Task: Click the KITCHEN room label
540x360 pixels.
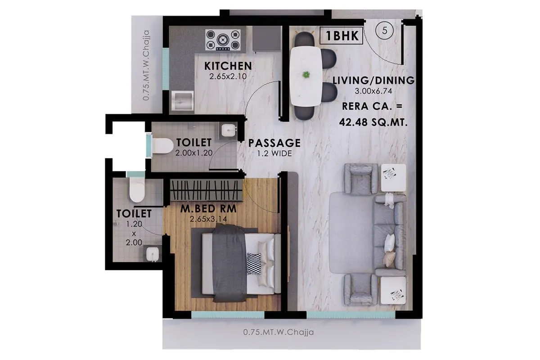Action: click(x=228, y=66)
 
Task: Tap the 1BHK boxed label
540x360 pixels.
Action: click(x=341, y=36)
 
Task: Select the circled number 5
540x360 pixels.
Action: click(x=385, y=31)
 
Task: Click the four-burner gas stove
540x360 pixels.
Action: click(x=223, y=40)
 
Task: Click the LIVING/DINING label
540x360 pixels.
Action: click(x=373, y=81)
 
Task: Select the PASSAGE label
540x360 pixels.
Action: click(x=274, y=143)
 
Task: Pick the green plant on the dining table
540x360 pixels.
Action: click(x=306, y=74)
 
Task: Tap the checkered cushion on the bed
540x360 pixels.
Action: click(x=254, y=263)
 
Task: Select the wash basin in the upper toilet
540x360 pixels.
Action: click(x=228, y=131)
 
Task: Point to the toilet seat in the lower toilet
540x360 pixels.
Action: click(x=136, y=191)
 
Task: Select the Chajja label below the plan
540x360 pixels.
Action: click(x=278, y=333)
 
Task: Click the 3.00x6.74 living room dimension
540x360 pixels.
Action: click(x=373, y=91)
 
